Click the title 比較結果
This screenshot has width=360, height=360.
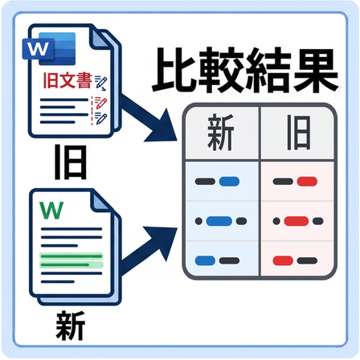pos(245,70)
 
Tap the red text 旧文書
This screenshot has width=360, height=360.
pos(67,80)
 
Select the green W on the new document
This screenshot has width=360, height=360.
pos(51,210)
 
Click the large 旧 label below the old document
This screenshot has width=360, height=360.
pos(71,162)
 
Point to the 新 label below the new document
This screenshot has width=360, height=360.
pos(71,325)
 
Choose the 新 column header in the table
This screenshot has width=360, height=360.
pos(221,132)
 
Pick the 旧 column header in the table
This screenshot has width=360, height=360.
pos(299,133)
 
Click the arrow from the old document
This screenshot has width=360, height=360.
pos(148,117)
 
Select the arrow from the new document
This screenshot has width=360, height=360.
pos(148,250)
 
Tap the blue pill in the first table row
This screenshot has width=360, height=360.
pos(229,182)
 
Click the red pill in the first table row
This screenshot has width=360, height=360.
pos(307,182)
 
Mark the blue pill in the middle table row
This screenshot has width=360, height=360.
pos(219,221)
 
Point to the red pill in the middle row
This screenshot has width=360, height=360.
pos(297,221)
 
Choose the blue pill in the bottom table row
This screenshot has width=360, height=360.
pos(205,260)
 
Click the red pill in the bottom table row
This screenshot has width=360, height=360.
pos(283,260)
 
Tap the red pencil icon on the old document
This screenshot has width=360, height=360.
pos(100,103)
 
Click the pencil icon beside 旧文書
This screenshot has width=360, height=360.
pos(100,82)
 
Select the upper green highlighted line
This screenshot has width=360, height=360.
pos(72,256)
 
